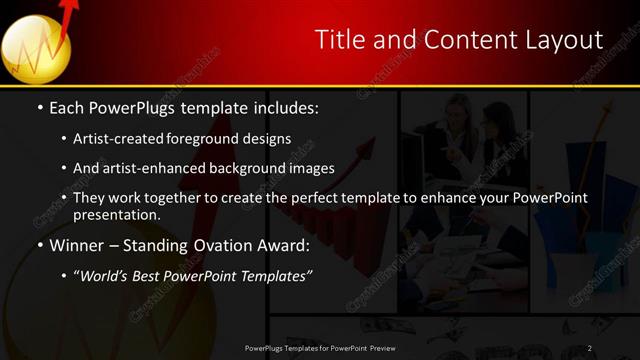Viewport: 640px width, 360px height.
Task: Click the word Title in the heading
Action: [x=339, y=40]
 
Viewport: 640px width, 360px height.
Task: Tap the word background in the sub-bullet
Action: [x=250, y=169]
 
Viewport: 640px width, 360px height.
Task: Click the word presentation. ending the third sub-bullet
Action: [x=116, y=214]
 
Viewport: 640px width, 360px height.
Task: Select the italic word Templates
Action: [x=276, y=276]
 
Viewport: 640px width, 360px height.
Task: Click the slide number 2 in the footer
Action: [x=590, y=348]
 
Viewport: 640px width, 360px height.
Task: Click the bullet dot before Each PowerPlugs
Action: [x=40, y=107]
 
